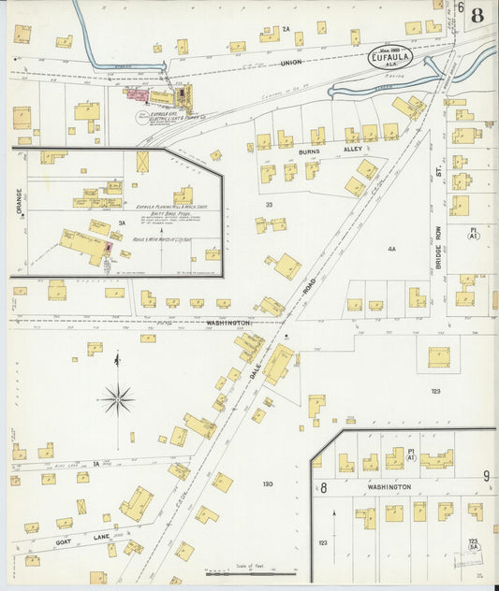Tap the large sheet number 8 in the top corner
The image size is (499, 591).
tap(477, 16)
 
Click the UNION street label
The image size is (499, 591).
tap(292, 64)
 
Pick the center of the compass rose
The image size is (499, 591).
tap(118, 400)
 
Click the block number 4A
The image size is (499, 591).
tap(391, 250)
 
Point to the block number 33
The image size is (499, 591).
tap(268, 204)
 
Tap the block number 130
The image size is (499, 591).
tap(267, 483)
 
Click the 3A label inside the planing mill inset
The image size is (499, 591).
tap(121, 223)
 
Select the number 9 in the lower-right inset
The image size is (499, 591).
tap(487, 476)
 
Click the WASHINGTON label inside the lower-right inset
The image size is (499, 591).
tap(389, 487)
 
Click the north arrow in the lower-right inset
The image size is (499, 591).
tap(334, 524)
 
